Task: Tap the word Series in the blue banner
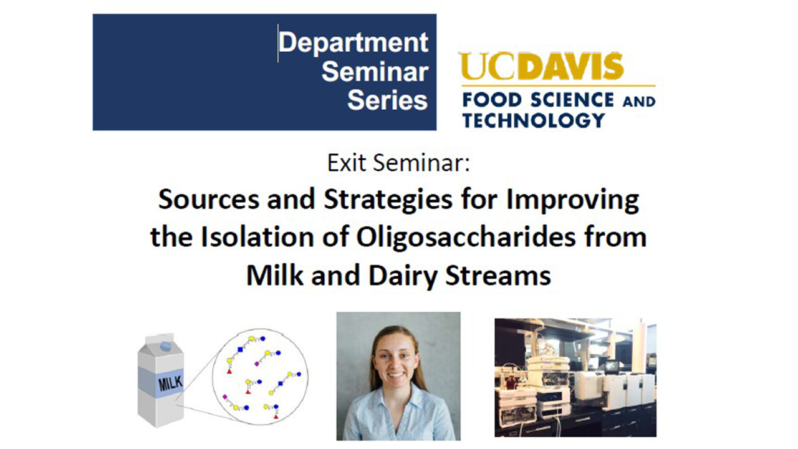pyautogui.click(x=387, y=100)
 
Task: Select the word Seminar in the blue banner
pyautogui.click(x=375, y=72)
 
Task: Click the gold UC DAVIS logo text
pyautogui.click(x=541, y=66)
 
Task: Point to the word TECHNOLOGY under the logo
pyautogui.click(x=534, y=120)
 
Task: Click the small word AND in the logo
pyautogui.click(x=639, y=102)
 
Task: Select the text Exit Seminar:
pyautogui.click(x=398, y=163)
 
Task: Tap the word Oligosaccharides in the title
pyautogui.click(x=466, y=237)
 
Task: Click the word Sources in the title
pyautogui.click(x=209, y=199)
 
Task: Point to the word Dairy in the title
pyautogui.click(x=403, y=276)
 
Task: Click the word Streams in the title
pyautogui.click(x=498, y=276)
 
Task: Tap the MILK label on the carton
pyautogui.click(x=170, y=383)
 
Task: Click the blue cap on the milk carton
pyautogui.click(x=166, y=345)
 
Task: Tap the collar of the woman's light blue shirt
pyautogui.click(x=395, y=396)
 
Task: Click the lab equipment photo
pyautogui.click(x=575, y=378)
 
